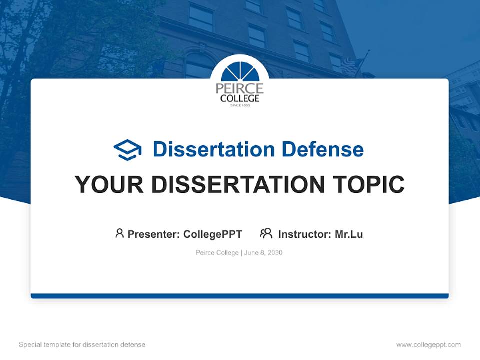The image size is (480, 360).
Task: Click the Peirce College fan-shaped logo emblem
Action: (240, 73)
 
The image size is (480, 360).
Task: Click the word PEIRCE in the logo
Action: (240, 88)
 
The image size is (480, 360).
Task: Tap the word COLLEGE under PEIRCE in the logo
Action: (240, 98)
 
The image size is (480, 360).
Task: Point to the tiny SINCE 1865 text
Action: (240, 105)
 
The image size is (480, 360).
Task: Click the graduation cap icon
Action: (127, 149)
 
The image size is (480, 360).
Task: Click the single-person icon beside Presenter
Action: (119, 233)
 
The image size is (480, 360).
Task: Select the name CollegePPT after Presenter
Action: (213, 234)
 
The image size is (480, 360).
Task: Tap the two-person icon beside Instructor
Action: (266, 233)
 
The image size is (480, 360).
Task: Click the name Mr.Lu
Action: (349, 234)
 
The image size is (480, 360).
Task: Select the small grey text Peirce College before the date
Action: (217, 253)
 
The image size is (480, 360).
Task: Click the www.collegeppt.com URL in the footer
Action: (428, 345)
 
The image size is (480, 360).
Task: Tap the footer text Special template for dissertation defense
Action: (82, 345)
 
